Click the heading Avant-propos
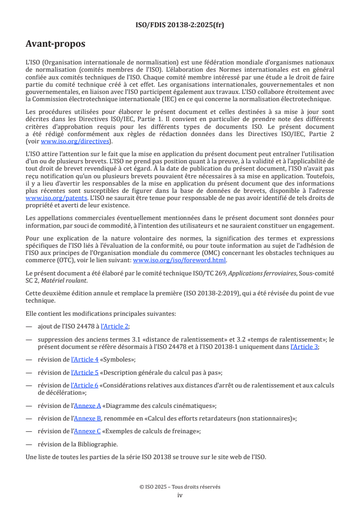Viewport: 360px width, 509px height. [55, 44]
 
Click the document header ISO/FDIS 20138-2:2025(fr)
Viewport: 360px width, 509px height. [180, 25]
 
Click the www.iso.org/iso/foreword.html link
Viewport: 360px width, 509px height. [179, 260]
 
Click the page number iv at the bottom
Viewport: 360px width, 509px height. [180, 495]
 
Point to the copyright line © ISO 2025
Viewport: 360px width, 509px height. [180, 487]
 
